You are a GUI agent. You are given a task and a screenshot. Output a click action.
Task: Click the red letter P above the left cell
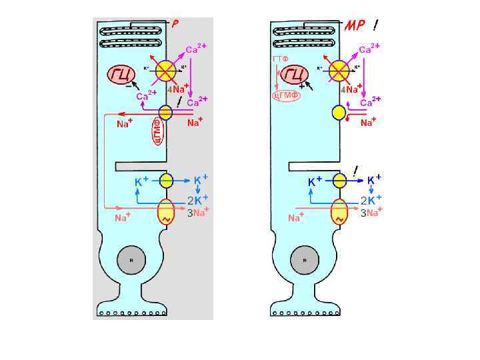175,24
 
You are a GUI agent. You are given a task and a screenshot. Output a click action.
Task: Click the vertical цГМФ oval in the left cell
158,130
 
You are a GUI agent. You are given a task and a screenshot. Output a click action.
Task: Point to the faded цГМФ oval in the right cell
286,95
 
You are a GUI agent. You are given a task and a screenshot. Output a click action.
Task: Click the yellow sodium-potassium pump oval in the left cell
166,213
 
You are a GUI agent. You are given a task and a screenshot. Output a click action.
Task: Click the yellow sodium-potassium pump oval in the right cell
339,213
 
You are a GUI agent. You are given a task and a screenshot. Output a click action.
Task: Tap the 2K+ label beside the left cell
198,199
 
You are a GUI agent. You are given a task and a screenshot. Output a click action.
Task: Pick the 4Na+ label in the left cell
177,89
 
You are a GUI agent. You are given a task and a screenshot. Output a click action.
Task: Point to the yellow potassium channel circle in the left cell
166,180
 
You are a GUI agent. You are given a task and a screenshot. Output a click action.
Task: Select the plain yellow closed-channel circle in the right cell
339,113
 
